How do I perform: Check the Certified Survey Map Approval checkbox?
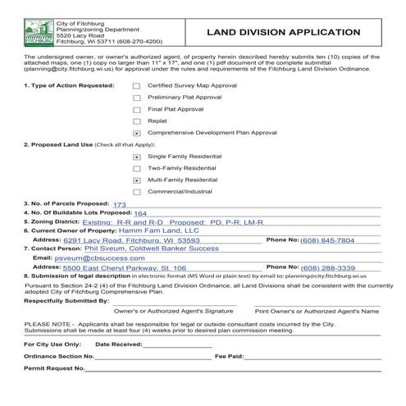click(x=137, y=85)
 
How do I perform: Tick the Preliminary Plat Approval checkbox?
click(x=137, y=98)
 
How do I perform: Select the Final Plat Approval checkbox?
click(x=137, y=109)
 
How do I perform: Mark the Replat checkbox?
click(x=137, y=121)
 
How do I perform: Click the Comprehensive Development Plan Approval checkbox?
click(x=137, y=133)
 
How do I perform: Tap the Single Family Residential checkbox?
click(x=137, y=156)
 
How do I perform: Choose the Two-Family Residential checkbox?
click(x=137, y=167)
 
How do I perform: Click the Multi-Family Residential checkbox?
click(x=137, y=180)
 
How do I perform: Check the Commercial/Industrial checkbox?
click(x=137, y=191)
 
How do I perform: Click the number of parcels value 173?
click(x=120, y=204)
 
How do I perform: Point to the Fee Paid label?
click(x=229, y=358)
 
